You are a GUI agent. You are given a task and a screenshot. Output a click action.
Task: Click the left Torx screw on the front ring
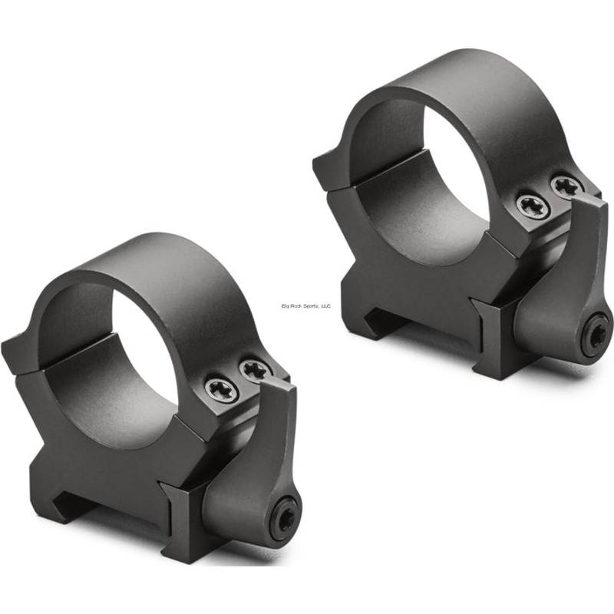tap(221, 389)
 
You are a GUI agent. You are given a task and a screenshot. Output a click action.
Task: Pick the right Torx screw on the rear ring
tap(566, 186)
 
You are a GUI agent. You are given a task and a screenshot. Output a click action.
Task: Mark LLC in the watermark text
tap(325, 305)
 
